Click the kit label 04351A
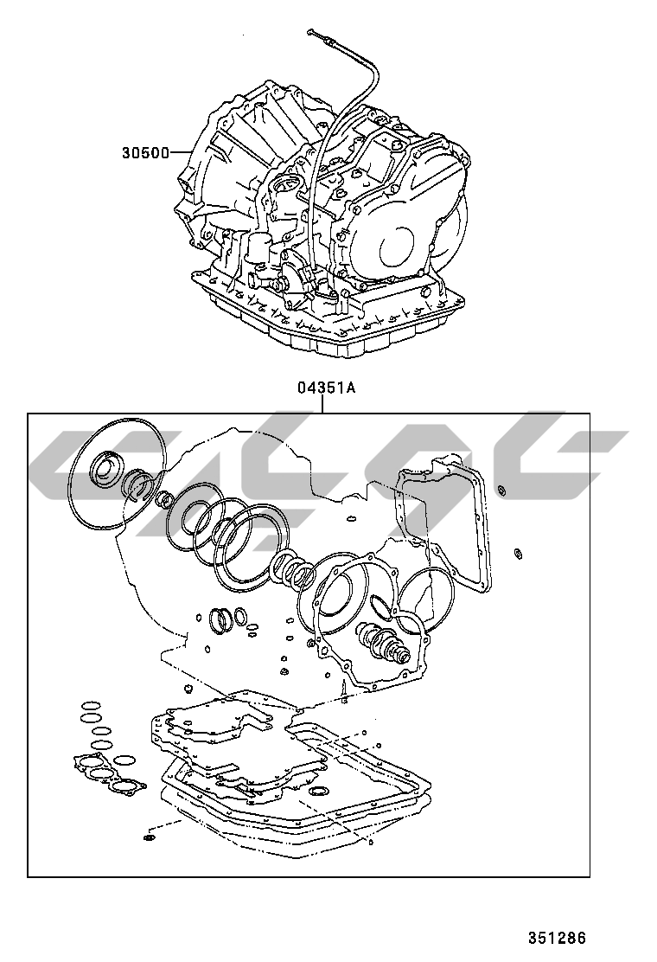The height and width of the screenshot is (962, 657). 327,388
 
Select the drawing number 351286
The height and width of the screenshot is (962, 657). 558,937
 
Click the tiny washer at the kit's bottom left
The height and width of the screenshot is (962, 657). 149,837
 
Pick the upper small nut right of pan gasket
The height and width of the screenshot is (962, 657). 502,492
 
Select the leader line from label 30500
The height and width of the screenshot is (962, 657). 182,153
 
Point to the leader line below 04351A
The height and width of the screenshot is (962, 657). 322,404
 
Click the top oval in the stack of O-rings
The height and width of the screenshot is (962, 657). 88,706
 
